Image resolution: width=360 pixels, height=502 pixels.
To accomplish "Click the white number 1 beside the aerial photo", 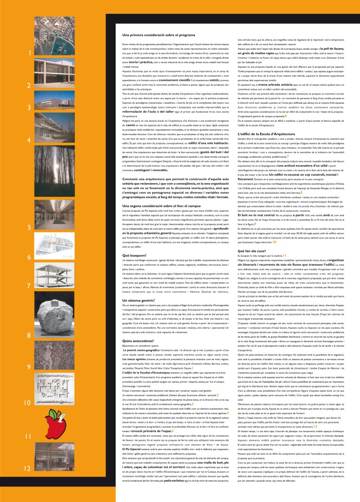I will [29, 53].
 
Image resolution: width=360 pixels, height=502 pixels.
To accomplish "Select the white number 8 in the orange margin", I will [29, 335].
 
